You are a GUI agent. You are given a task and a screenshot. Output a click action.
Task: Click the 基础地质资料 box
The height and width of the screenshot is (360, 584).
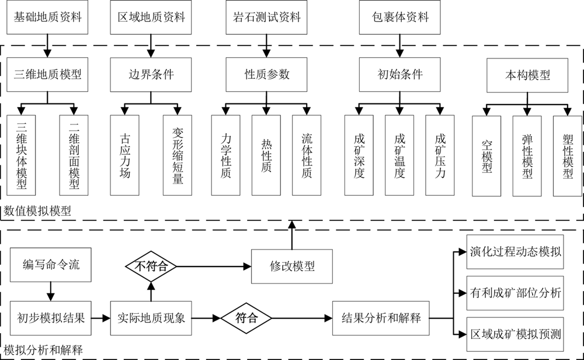click(48, 17)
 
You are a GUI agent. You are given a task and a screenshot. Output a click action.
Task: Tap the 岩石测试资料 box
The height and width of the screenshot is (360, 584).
click(267, 17)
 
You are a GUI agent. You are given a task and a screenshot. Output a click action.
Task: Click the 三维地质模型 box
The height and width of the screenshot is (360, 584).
click(48, 74)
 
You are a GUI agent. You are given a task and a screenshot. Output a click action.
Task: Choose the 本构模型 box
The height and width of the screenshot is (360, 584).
click(527, 75)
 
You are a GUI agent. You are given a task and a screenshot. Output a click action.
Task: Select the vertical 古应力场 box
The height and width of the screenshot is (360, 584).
click(124, 155)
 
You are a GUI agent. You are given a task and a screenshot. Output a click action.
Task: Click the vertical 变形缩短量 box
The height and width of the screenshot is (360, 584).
click(178, 155)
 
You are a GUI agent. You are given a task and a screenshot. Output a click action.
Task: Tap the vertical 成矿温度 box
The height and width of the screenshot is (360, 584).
click(400, 155)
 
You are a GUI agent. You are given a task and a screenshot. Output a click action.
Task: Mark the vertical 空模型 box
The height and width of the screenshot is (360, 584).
click(487, 155)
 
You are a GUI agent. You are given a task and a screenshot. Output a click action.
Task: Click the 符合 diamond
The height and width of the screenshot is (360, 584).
click(246, 319)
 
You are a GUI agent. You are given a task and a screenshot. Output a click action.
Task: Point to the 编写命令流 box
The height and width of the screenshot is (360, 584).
click(51, 264)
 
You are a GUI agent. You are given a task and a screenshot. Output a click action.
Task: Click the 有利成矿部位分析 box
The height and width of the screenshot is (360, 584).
click(515, 293)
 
